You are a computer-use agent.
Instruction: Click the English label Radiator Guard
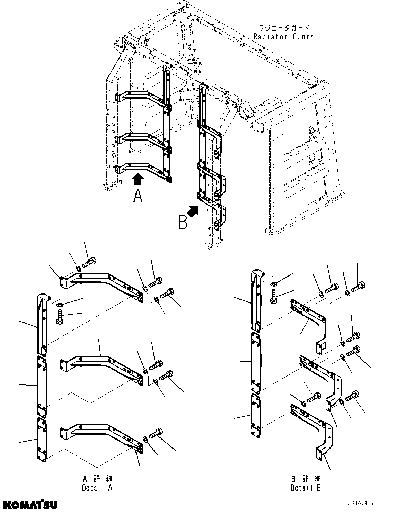(283, 37)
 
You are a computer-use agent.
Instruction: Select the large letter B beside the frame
(183, 222)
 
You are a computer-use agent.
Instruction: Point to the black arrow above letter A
(138, 179)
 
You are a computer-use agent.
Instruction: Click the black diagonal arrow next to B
(193, 210)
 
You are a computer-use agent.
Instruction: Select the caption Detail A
(97, 488)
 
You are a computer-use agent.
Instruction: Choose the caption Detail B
(306, 488)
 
